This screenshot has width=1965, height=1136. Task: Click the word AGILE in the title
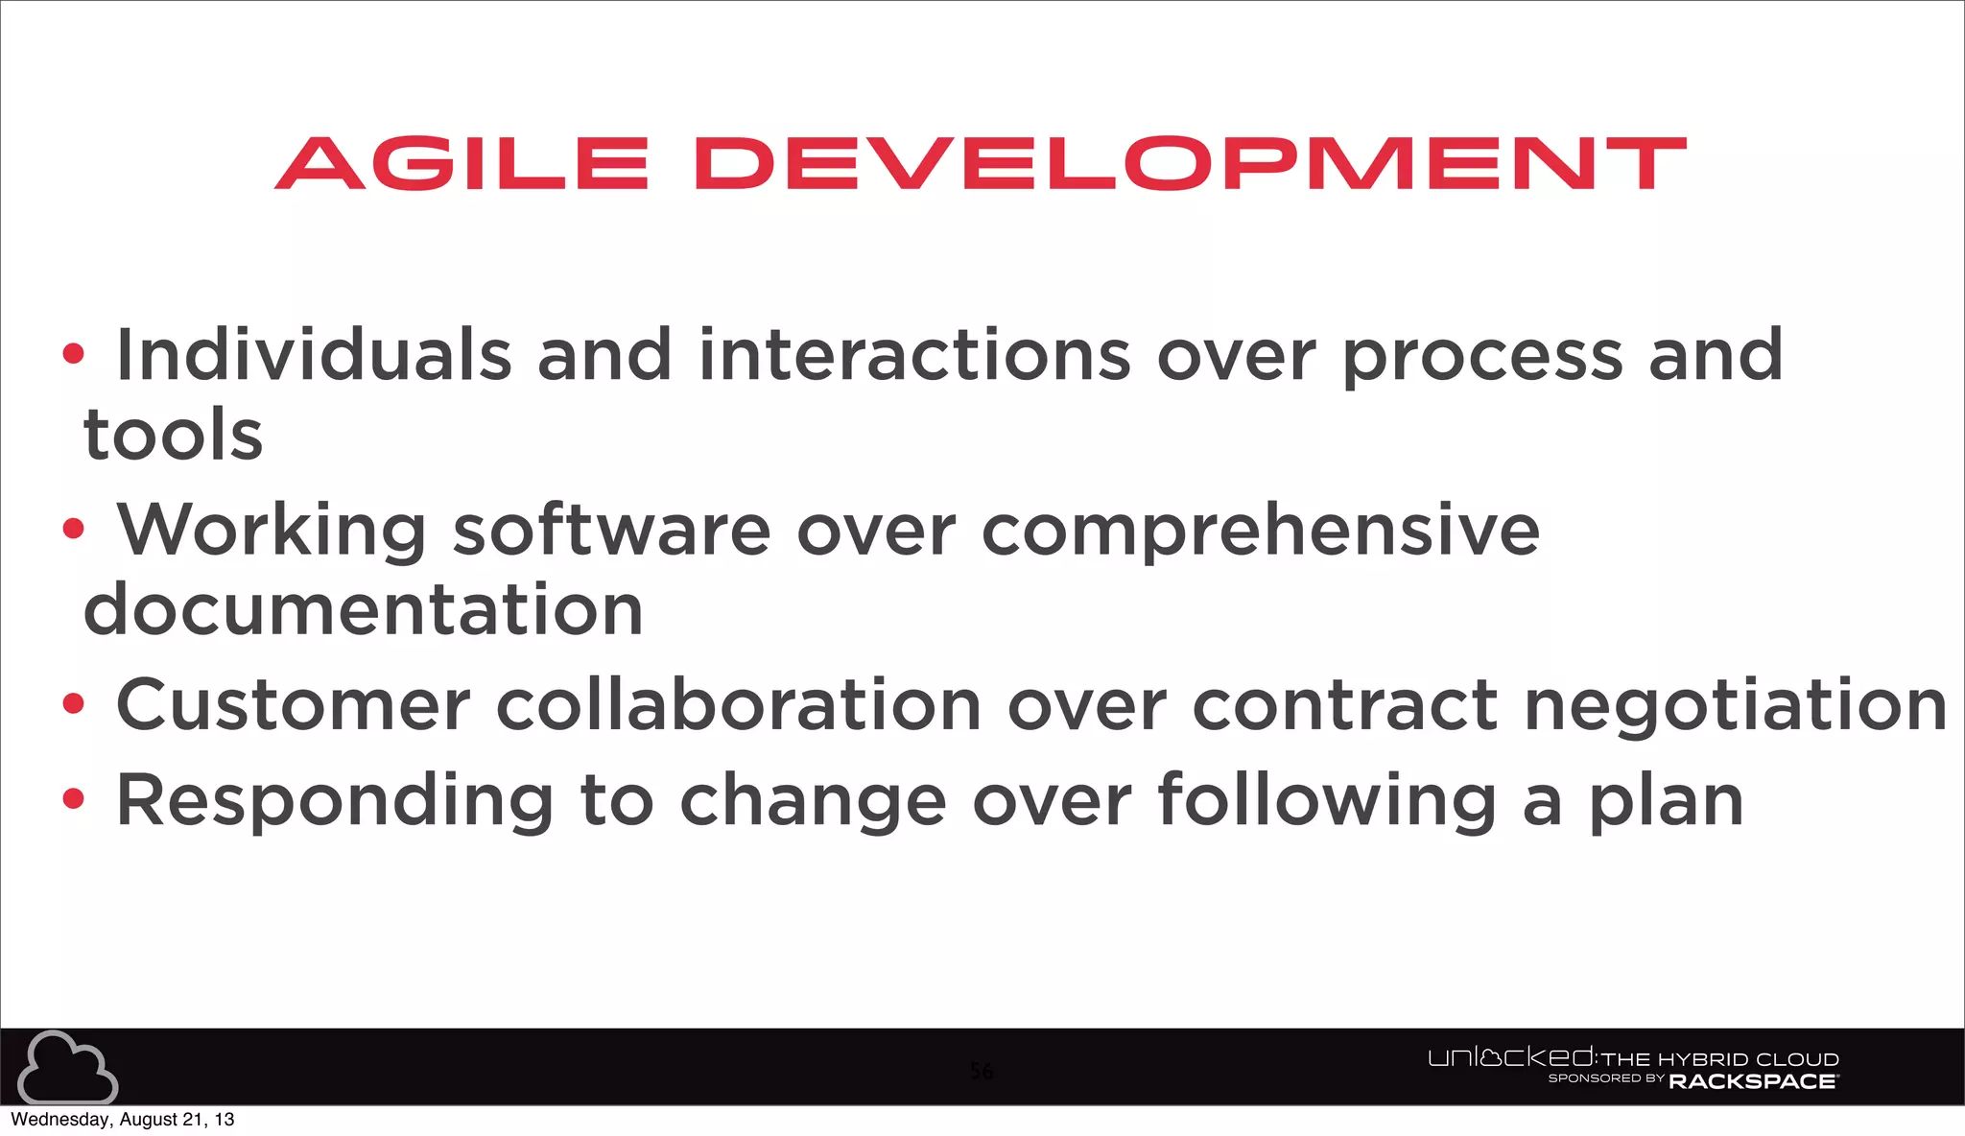coord(462,163)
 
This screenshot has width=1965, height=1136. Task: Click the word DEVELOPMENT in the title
coord(1190,163)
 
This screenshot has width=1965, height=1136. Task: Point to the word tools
coord(174,435)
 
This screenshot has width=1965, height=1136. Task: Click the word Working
coord(272,531)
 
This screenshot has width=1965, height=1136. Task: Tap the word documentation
coord(364,610)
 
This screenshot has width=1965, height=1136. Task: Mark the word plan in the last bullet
coord(1666,802)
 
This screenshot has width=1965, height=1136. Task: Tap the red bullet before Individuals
coord(73,354)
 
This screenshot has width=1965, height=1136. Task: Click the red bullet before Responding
coord(73,798)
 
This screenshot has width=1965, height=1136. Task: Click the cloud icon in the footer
coord(67,1067)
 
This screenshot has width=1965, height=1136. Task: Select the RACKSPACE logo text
coord(1752,1081)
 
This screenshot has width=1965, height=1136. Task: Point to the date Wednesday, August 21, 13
coord(122,1120)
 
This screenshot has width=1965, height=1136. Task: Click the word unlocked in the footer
coord(1510,1058)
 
